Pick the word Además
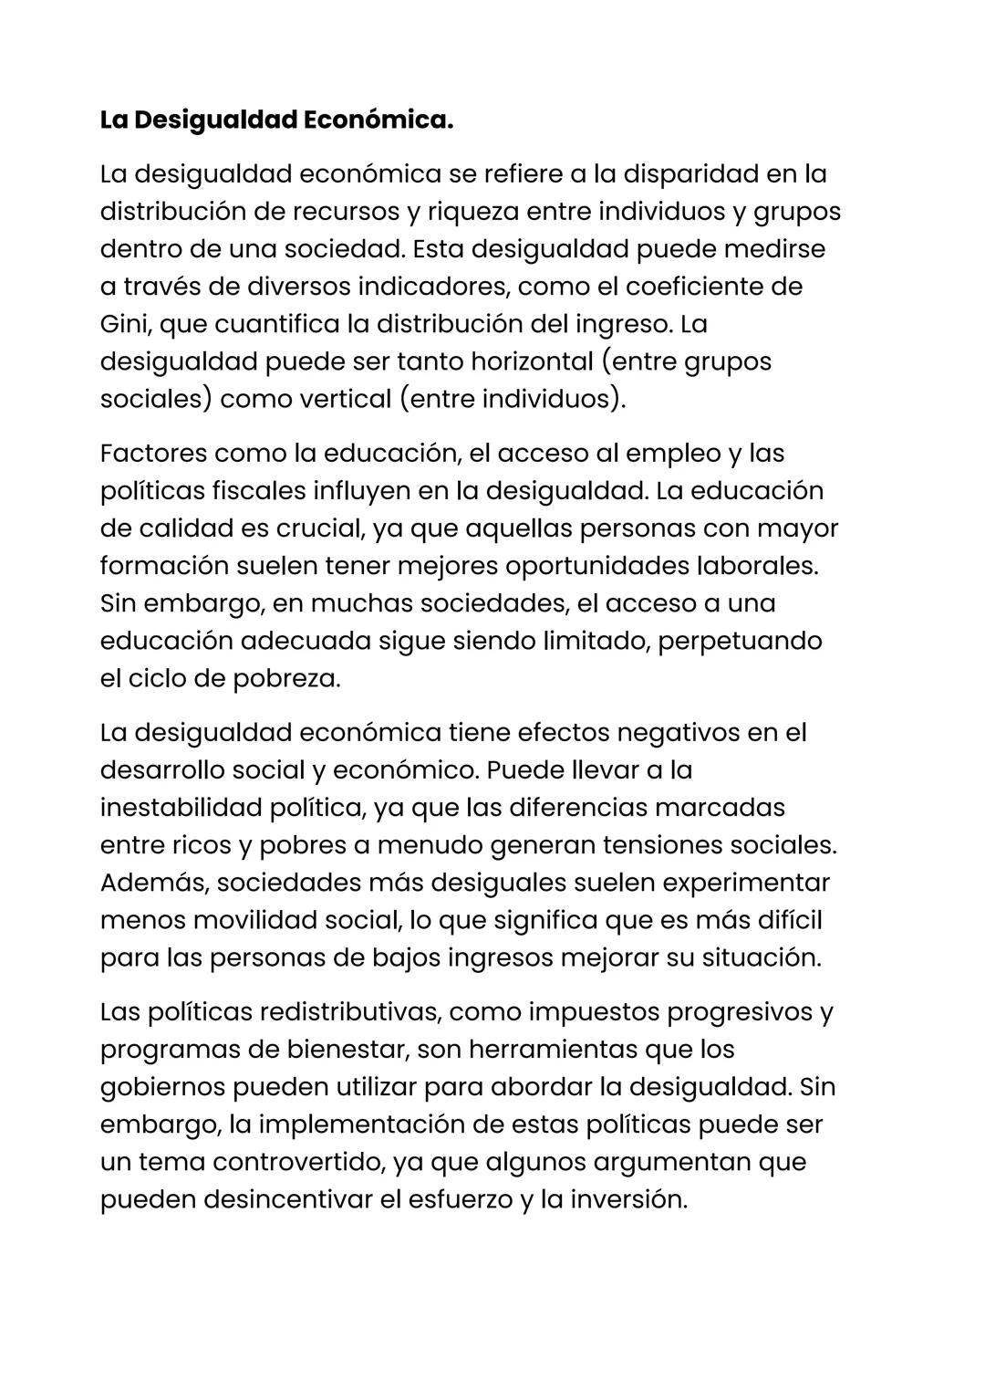(x=154, y=883)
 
